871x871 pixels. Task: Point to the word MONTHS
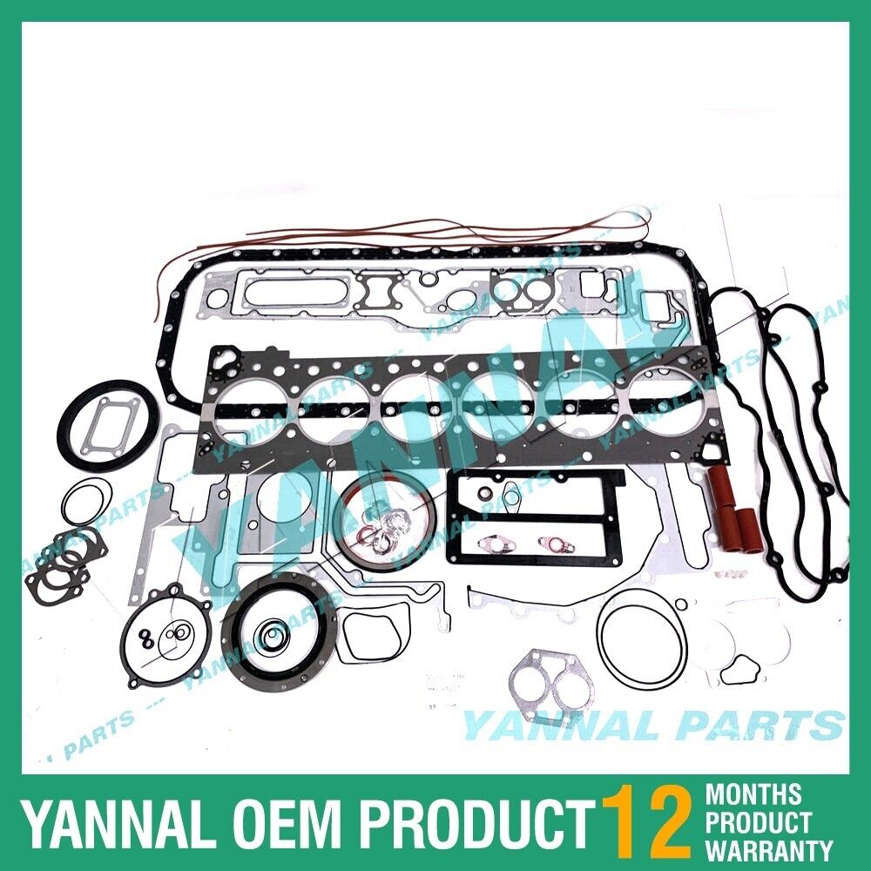click(x=753, y=794)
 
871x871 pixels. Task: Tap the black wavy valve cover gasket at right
click(x=807, y=444)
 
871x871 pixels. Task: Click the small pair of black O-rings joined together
click(x=148, y=639)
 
